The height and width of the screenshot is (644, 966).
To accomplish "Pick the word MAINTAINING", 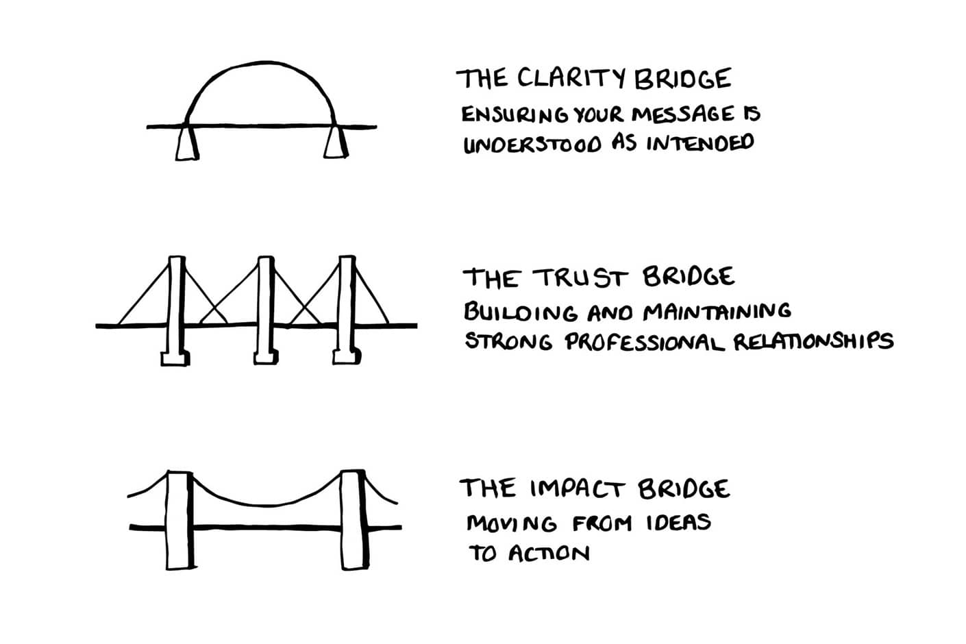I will coord(717,312).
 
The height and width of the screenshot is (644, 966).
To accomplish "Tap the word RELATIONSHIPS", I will coord(813,341).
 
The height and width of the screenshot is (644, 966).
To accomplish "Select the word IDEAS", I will coord(678,523).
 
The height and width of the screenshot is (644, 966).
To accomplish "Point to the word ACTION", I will coord(548,553).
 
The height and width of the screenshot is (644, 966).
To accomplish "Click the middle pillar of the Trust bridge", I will coord(265,308).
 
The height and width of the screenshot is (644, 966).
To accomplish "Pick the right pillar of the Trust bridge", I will coord(347,308).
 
